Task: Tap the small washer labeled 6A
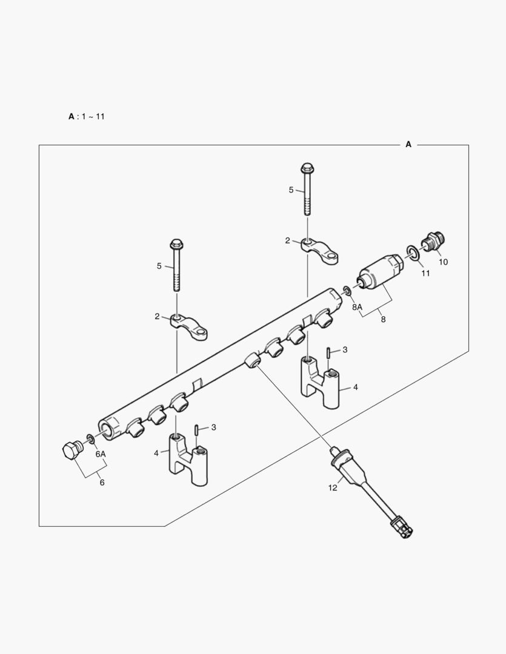click(89, 438)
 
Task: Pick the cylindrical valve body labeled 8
click(379, 271)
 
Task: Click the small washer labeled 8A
click(346, 291)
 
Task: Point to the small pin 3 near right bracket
click(328, 352)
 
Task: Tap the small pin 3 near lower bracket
click(198, 429)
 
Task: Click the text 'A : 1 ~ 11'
click(86, 116)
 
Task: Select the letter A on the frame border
click(408, 144)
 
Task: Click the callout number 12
click(333, 487)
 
